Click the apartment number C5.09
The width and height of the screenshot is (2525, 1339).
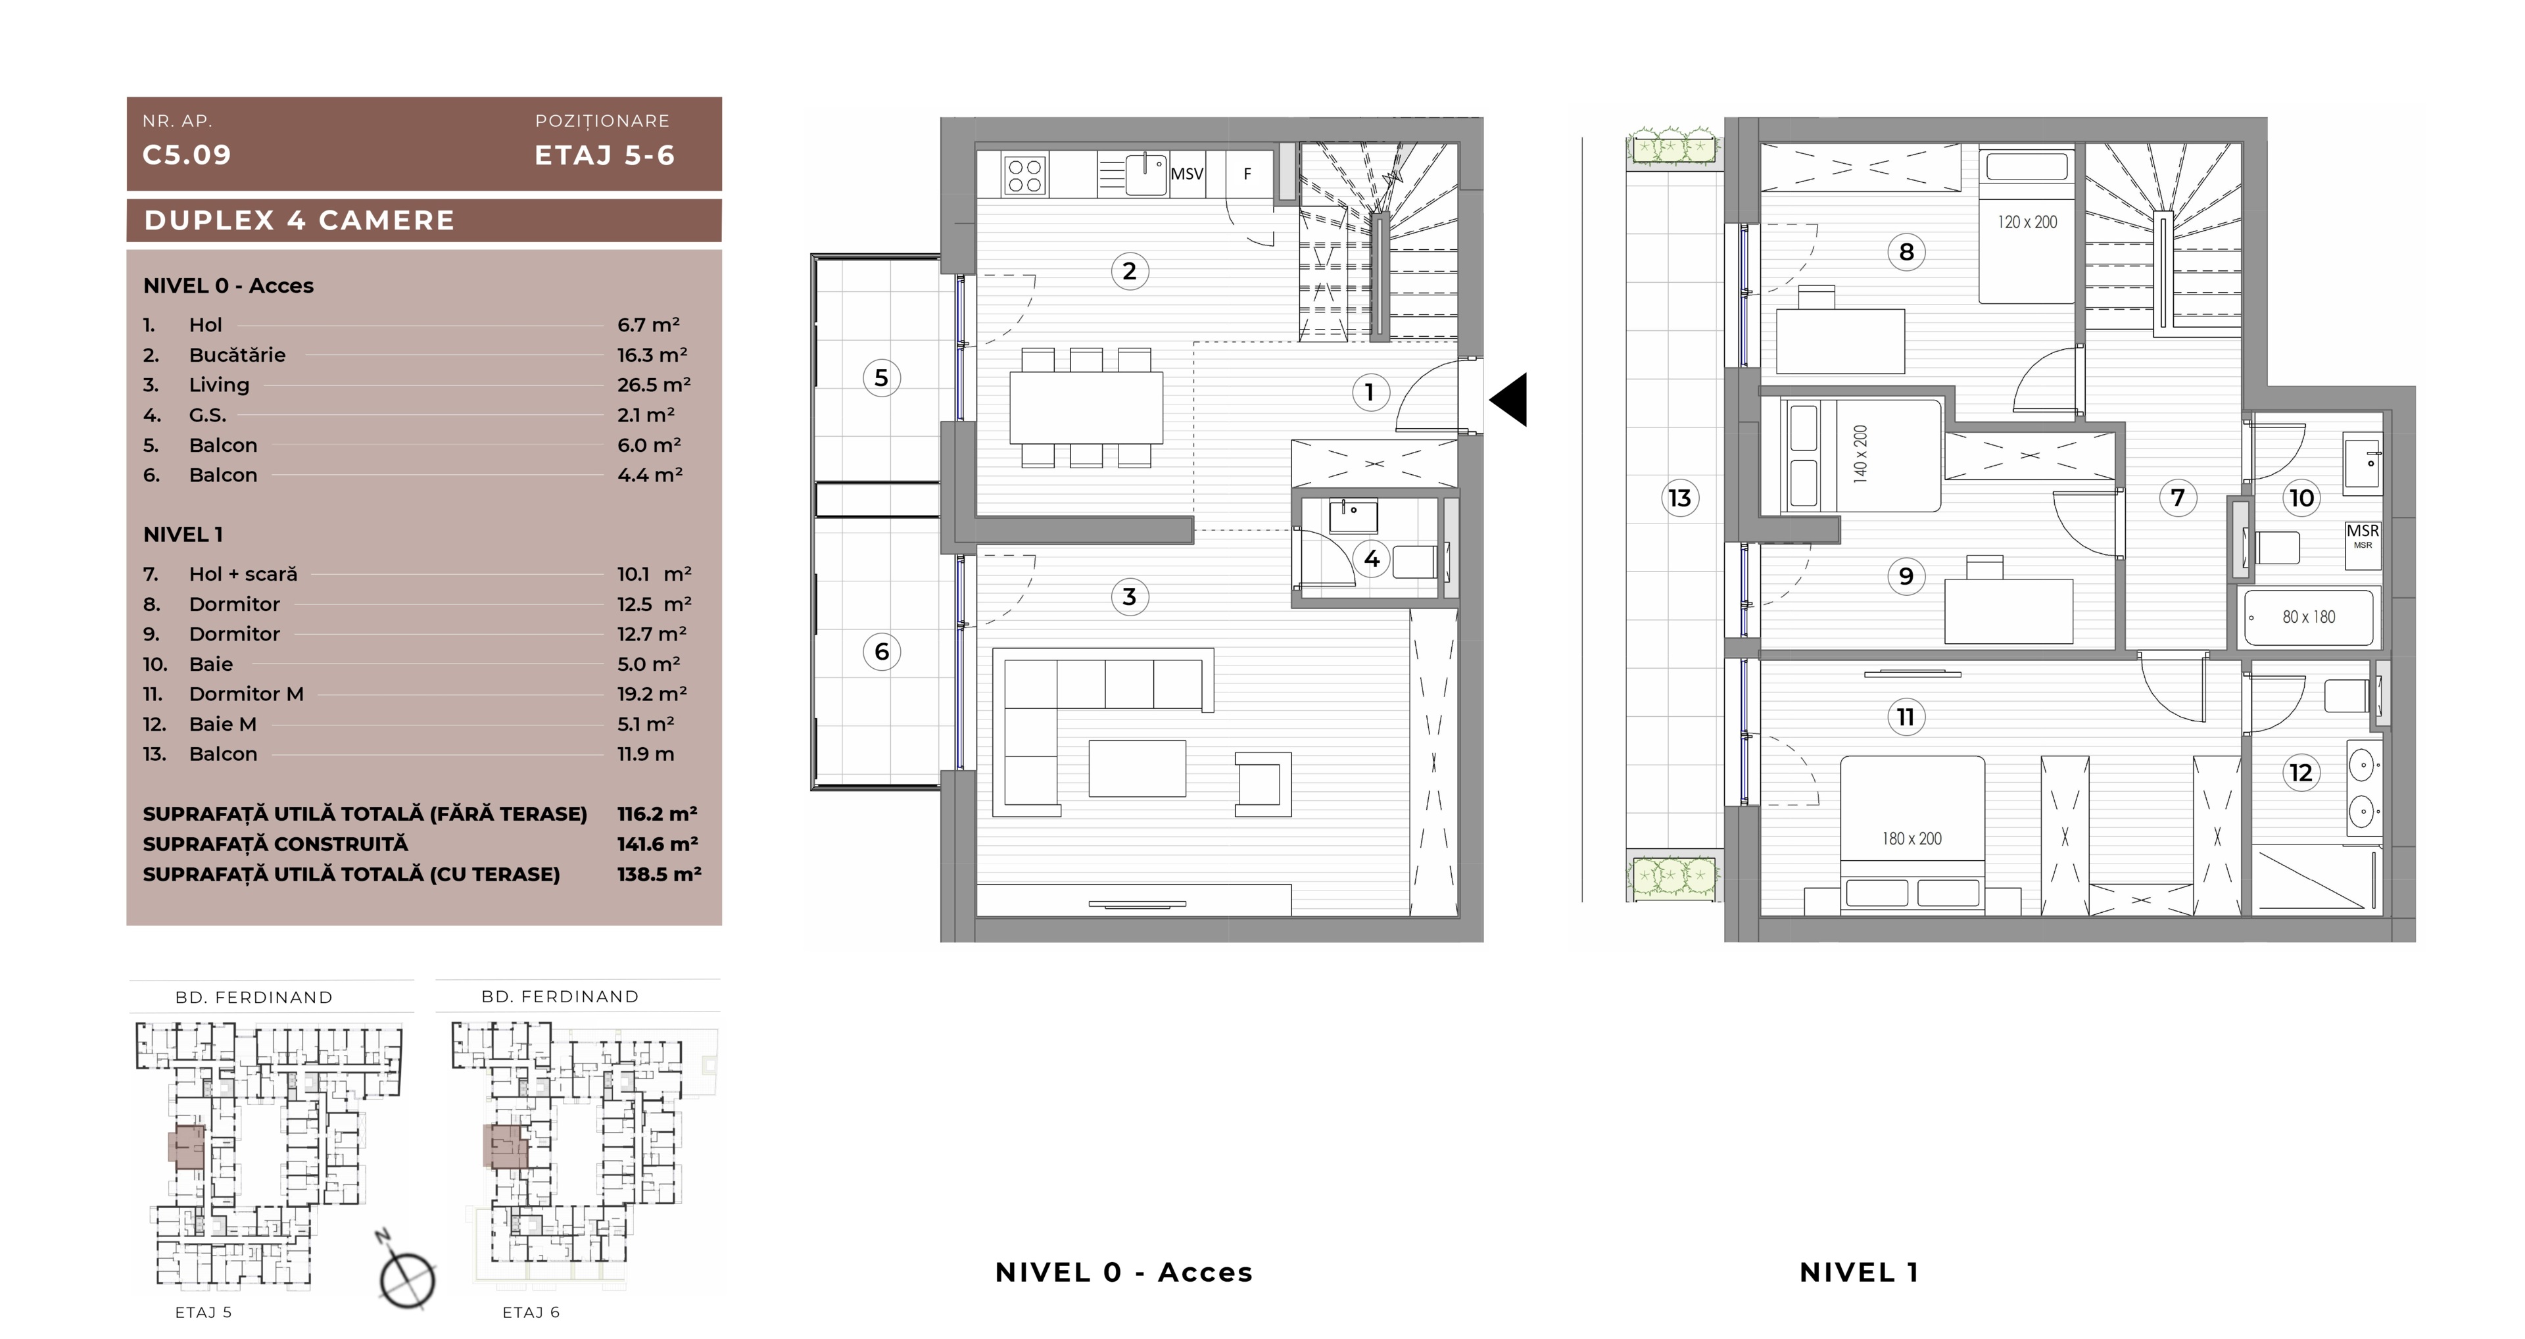[x=186, y=155]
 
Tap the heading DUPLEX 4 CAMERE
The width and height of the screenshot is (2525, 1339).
[x=299, y=220]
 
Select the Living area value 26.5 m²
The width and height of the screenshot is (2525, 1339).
[x=654, y=384]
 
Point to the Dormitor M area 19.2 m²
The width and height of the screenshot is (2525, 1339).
[x=652, y=693]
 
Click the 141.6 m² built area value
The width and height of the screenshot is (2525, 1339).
[x=658, y=843]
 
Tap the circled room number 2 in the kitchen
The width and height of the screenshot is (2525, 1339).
[x=1129, y=270]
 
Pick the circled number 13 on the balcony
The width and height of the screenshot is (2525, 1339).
[x=1679, y=498]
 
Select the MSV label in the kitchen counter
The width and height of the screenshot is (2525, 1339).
[x=1187, y=174]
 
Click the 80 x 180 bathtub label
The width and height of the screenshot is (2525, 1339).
[x=2309, y=617]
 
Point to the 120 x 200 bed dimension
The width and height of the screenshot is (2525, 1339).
[x=2027, y=222]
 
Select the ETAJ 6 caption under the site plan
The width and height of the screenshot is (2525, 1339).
[x=530, y=1311]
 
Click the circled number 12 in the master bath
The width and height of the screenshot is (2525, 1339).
[x=2301, y=773]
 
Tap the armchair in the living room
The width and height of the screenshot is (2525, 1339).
[x=1262, y=784]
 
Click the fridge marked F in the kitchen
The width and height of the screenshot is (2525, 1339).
[x=1247, y=174]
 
